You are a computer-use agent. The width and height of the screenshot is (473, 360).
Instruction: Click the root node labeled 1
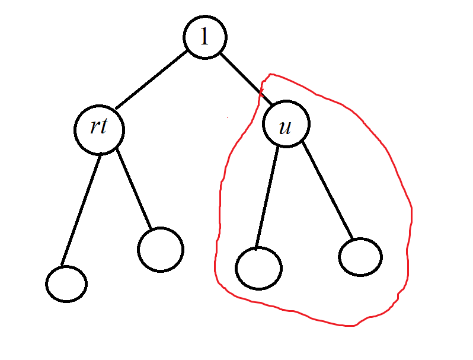(205, 37)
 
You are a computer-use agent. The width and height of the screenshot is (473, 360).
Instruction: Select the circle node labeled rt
(99, 130)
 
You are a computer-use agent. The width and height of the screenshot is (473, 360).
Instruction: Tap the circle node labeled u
(286, 124)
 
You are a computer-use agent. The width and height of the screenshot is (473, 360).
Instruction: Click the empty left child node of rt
(66, 284)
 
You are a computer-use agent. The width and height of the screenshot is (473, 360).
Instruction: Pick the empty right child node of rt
(161, 250)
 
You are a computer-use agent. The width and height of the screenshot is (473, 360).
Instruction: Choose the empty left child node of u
(258, 268)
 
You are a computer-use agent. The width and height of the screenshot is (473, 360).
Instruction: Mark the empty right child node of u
(360, 257)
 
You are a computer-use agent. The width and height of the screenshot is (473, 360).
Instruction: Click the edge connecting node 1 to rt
(151, 80)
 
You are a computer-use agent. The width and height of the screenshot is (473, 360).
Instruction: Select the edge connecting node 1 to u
(247, 79)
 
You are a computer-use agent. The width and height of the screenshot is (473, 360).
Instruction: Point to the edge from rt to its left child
(81, 209)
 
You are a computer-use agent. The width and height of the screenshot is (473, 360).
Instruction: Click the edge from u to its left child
(267, 198)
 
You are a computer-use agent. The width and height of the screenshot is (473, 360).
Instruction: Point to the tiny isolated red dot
(228, 117)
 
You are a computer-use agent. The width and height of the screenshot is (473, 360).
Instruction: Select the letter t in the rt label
(103, 126)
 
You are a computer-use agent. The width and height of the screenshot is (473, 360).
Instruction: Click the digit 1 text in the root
(205, 37)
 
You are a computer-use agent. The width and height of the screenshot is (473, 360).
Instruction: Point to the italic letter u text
(285, 128)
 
